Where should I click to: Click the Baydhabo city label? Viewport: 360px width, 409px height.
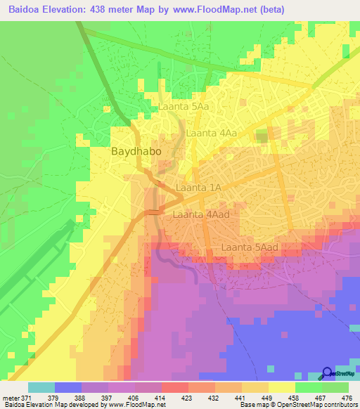(136, 151)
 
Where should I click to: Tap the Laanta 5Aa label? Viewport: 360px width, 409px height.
(183, 107)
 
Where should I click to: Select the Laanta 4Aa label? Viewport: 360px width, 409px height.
(210, 132)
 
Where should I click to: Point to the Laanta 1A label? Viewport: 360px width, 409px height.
(198, 188)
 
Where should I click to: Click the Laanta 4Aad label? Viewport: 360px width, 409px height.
(201, 214)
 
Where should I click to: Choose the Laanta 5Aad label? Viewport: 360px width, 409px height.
(250, 247)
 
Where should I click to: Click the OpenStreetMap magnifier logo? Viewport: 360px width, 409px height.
(327, 373)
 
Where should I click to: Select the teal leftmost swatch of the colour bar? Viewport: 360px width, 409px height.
(41, 387)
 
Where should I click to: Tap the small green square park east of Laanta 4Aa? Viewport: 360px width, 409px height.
(262, 136)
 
